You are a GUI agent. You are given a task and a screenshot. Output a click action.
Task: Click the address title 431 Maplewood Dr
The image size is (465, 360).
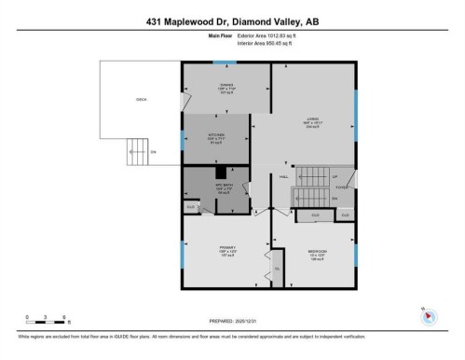[x=232, y=21]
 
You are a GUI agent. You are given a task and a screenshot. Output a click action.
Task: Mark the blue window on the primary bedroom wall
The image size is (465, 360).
[x=184, y=246]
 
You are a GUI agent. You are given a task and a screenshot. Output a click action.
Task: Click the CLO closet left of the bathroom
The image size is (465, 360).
[x=190, y=205]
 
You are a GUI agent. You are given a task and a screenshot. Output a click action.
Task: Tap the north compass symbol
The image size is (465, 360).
[x=428, y=314]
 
